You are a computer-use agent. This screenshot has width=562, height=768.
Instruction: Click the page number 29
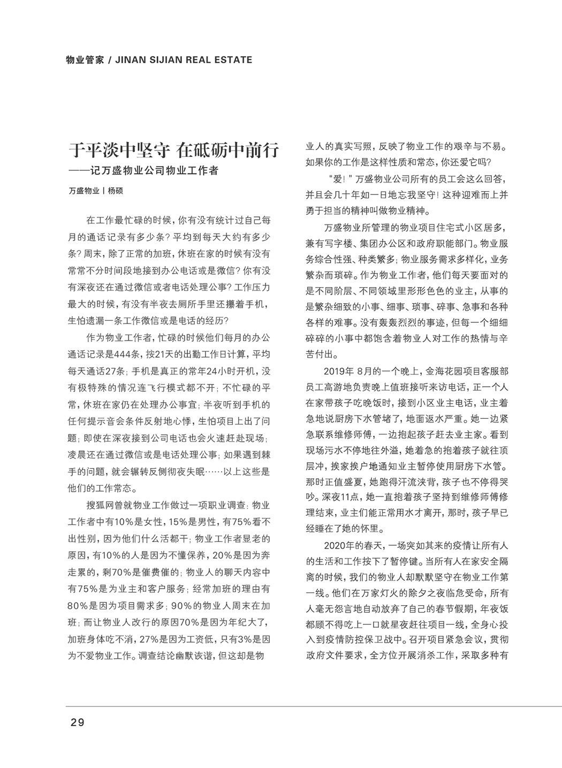click(x=78, y=722)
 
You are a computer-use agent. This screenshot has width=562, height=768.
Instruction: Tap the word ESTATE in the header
click(x=231, y=60)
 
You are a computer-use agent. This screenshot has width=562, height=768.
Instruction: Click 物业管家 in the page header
click(x=84, y=60)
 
